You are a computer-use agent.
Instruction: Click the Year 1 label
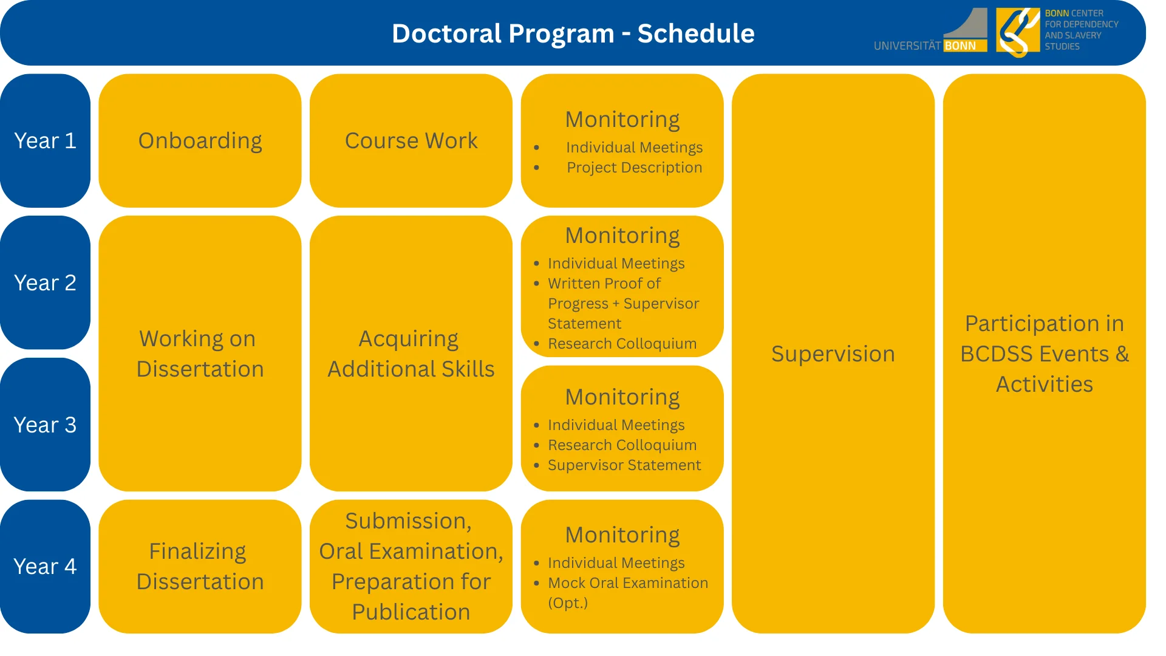(45, 141)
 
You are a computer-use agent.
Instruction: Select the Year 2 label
(45, 283)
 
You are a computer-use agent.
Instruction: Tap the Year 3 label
(45, 425)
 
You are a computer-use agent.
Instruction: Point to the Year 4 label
(45, 567)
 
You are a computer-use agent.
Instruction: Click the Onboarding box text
(200, 141)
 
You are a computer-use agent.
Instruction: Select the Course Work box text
(411, 141)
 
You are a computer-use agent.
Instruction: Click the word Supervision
(833, 354)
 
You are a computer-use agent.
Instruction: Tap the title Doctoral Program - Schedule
(573, 33)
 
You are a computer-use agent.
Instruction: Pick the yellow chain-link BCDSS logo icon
(1018, 32)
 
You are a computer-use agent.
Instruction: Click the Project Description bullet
(634, 168)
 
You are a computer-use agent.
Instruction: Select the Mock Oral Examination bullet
(627, 583)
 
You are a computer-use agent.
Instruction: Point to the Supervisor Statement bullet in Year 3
(624, 465)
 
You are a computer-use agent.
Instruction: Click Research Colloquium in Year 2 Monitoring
(622, 344)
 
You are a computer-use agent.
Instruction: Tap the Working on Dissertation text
(200, 354)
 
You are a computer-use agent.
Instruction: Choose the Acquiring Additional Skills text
(411, 354)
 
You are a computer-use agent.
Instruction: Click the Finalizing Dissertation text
(200, 567)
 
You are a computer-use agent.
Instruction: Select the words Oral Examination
(411, 552)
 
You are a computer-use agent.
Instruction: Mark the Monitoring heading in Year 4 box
(622, 535)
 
